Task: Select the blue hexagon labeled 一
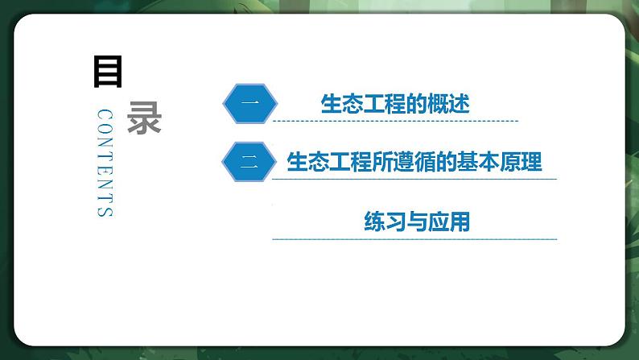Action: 249,103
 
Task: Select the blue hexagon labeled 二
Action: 249,162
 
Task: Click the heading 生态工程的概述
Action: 394,104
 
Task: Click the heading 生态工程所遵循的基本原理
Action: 414,162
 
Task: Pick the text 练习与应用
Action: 417,221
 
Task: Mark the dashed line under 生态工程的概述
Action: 394,122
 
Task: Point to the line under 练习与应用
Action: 414,239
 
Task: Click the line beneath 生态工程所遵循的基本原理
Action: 414,180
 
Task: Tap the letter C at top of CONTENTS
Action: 104,114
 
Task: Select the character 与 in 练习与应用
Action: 417,221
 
